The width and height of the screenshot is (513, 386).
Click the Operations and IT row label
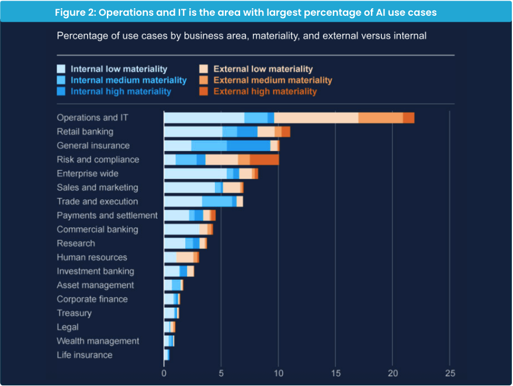(92, 117)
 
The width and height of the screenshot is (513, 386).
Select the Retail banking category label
(85, 131)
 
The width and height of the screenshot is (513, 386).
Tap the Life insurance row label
(85, 354)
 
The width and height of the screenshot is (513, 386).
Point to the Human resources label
(92, 257)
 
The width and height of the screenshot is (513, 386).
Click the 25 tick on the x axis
(449, 373)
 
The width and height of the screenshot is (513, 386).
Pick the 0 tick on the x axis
(164, 373)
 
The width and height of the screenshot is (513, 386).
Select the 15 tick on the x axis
(335, 373)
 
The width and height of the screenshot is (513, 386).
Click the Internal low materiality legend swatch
(61, 69)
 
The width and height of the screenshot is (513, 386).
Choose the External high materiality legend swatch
(204, 91)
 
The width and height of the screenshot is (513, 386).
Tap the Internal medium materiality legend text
(129, 80)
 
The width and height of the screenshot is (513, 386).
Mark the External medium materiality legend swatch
(204, 80)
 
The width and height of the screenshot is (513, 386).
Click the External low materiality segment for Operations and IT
(316, 117)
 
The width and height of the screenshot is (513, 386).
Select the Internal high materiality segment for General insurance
(249, 145)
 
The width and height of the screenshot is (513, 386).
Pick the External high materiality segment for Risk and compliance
(264, 159)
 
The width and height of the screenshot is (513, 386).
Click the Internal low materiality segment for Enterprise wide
(195, 173)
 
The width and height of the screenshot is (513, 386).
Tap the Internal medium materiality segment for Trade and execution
(217, 201)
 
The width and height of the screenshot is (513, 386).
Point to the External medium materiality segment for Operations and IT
(380, 117)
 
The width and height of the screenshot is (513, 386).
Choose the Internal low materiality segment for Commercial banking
(182, 229)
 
